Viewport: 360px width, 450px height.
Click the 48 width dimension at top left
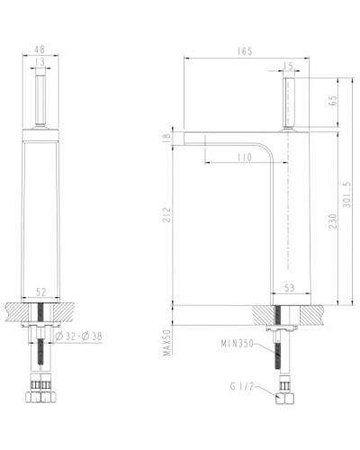pyautogui.click(x=39, y=50)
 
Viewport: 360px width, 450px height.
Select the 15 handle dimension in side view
pyautogui.click(x=289, y=65)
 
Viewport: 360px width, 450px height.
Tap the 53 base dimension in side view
pyautogui.click(x=290, y=289)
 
